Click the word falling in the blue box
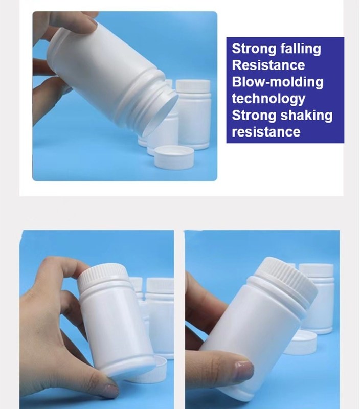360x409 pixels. pyautogui.click(x=301, y=49)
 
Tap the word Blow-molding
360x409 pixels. pyautogui.click(x=278, y=82)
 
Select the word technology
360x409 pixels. pyautogui.click(x=268, y=99)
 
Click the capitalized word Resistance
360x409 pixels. pyautogui.click(x=268, y=65)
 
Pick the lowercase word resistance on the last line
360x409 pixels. pyautogui.click(x=266, y=132)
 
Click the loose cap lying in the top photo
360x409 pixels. pyautogui.click(x=174, y=157)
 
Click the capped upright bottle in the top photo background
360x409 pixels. pyautogui.click(x=193, y=114)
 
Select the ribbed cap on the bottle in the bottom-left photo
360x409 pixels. pyautogui.click(x=103, y=275)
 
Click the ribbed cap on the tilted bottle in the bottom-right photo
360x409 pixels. pyautogui.click(x=291, y=278)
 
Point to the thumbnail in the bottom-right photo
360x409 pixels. pyautogui.click(x=244, y=370)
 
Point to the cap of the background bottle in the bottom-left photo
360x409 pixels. pyautogui.click(x=160, y=285)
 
